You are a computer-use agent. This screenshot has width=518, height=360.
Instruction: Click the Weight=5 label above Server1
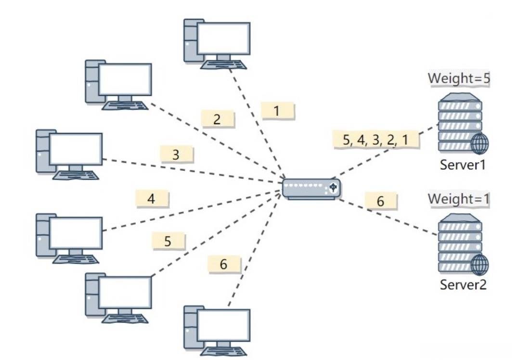[x=459, y=78]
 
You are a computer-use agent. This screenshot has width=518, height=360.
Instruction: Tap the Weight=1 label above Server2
[x=459, y=199]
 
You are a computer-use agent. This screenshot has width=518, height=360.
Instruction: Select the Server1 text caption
[x=463, y=165]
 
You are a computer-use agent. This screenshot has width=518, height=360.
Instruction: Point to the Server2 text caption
[x=463, y=284]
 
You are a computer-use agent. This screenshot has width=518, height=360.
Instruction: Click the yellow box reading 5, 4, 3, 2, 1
[x=376, y=140]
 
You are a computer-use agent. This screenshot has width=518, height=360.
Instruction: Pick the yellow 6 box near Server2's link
[x=381, y=201]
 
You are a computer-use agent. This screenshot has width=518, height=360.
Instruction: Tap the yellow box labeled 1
[x=277, y=111]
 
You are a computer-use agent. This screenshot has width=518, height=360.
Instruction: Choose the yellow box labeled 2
[x=218, y=119]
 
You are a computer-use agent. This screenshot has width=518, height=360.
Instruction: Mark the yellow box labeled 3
[x=176, y=154]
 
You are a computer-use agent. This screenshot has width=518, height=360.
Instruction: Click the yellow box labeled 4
[x=152, y=199]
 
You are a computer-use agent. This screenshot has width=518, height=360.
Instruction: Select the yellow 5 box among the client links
[x=168, y=241]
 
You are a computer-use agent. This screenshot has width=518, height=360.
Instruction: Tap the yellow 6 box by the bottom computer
[x=224, y=264]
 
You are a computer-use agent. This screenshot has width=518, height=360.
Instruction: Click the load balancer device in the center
[x=311, y=189]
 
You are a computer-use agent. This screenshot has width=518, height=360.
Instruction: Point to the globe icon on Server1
[x=479, y=143]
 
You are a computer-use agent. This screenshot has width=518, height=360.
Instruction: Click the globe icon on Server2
[x=479, y=264]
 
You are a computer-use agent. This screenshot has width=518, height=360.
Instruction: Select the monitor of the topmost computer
[x=224, y=39]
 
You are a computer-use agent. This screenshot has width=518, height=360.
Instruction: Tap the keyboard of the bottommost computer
[x=224, y=351]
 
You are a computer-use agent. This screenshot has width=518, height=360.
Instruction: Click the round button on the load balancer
[x=333, y=188]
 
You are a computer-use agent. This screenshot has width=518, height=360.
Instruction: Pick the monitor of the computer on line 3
[x=76, y=149]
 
